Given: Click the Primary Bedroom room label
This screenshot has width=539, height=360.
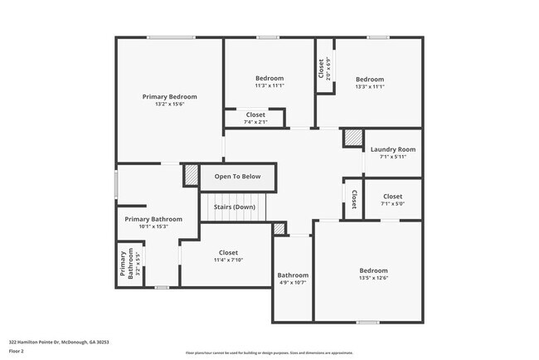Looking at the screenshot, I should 169,96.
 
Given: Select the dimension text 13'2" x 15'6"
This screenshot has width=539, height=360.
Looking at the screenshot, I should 169,104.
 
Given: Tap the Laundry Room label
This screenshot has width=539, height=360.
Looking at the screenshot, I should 393,149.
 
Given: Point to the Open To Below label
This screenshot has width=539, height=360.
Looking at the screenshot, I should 237,177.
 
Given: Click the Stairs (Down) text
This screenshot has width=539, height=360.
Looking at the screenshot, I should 235,207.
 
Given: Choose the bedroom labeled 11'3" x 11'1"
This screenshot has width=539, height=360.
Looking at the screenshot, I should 269,81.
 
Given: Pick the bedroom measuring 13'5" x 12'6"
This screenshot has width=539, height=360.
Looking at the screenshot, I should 373,275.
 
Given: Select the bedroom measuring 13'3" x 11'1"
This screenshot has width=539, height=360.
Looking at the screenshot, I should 370,83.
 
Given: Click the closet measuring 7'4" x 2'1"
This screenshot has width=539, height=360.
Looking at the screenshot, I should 255,118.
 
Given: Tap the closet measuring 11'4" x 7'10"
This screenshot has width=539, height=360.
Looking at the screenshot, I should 228,256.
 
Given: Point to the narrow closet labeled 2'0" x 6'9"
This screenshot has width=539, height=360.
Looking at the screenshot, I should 324,66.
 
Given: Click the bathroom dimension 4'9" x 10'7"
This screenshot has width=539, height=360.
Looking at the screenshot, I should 293,283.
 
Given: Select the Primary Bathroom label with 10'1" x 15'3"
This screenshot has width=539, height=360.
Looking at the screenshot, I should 148,222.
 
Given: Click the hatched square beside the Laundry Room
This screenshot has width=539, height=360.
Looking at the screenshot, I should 353,138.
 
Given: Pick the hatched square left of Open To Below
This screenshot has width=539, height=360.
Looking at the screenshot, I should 192,177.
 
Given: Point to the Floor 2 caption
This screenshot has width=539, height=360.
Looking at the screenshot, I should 17,352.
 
